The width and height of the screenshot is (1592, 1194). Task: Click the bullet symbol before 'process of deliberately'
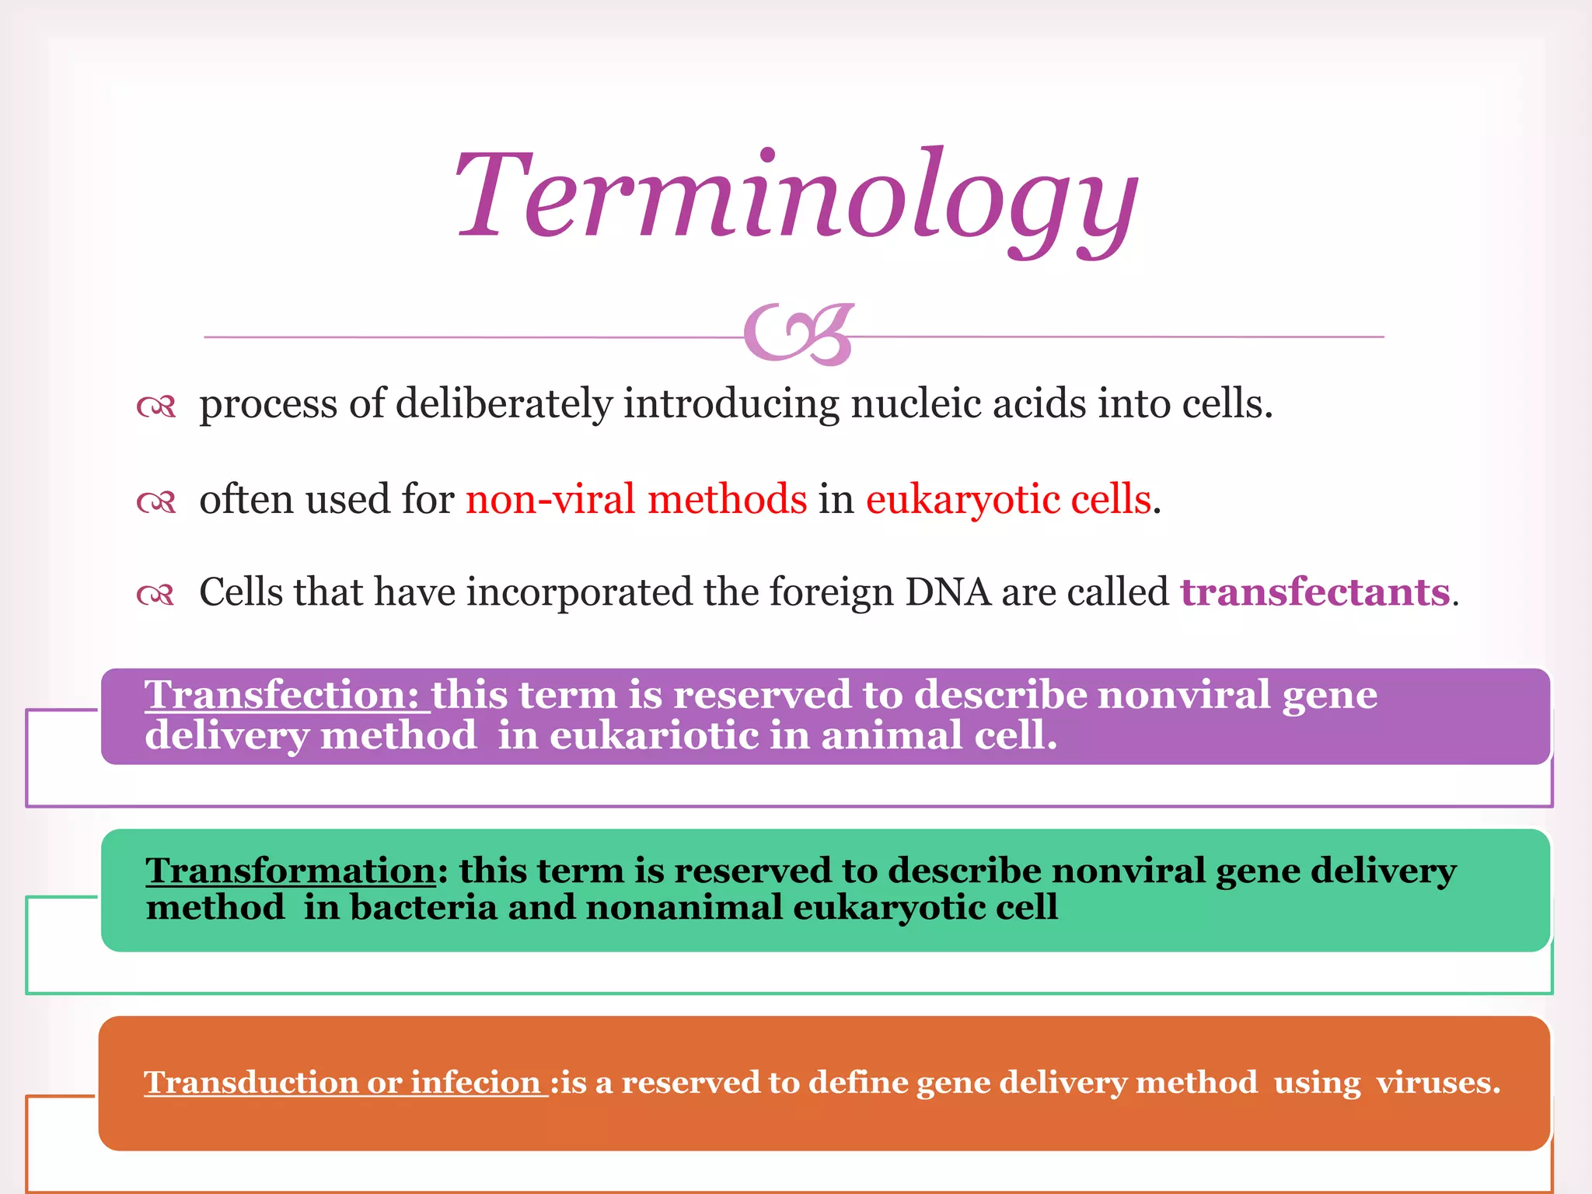click(156, 406)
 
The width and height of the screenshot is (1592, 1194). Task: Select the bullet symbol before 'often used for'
click(156, 501)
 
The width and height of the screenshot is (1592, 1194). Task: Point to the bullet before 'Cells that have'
click(155, 595)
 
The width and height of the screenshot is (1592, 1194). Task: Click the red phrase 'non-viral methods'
click(636, 499)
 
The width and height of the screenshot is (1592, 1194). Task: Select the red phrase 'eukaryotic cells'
click(1008, 499)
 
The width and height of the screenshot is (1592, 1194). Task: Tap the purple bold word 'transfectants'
click(1315, 592)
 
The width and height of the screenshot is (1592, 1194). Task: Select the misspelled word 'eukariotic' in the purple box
click(654, 735)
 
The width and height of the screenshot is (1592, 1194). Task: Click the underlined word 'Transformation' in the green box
click(291, 870)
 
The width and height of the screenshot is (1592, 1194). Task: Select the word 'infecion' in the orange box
click(475, 1082)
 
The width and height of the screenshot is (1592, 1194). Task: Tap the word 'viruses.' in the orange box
click(1437, 1082)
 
